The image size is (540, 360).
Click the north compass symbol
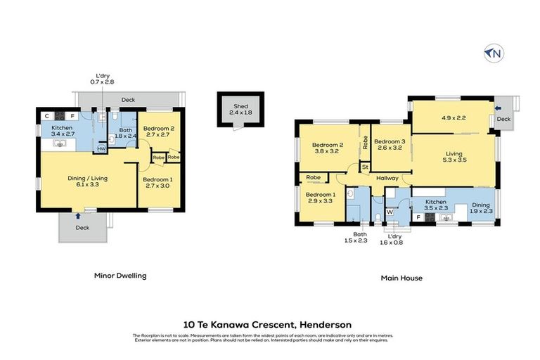(493, 53)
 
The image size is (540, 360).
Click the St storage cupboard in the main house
(365, 167)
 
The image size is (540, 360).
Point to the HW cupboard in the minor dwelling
(101, 149)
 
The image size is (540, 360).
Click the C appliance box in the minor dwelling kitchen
(46, 116)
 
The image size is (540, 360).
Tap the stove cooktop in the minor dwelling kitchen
(58, 116)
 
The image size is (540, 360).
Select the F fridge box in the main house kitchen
(420, 218)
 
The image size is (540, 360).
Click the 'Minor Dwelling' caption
(120, 276)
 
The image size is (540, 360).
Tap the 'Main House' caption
(401, 278)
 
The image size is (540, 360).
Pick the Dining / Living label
(86, 178)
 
